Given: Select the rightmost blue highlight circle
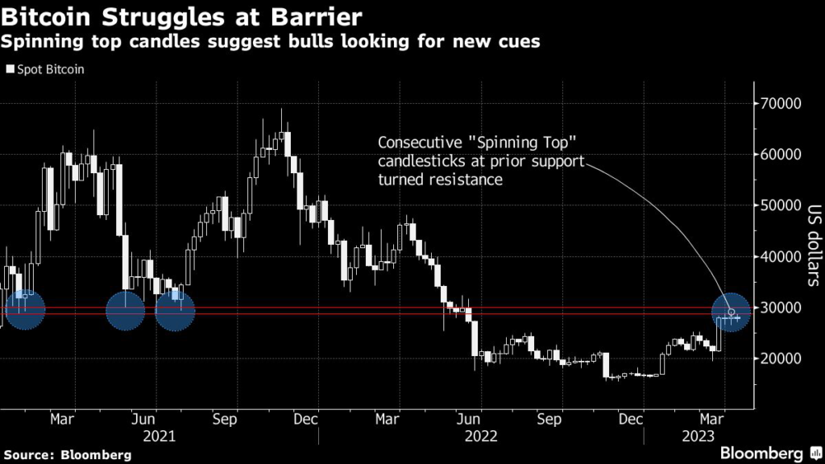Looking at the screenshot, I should [x=732, y=312].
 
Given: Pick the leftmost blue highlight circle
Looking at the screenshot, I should [x=25, y=310].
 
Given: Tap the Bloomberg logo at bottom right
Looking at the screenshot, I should [x=761, y=453].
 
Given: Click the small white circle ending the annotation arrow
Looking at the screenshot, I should [x=732, y=313].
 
